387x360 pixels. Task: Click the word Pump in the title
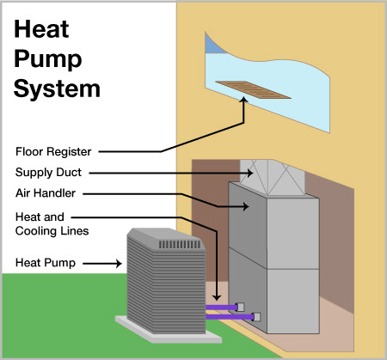click(x=48, y=59)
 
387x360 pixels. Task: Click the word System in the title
click(x=57, y=88)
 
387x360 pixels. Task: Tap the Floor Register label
click(x=53, y=151)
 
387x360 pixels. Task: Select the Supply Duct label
click(x=48, y=173)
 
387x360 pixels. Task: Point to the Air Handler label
click(x=46, y=193)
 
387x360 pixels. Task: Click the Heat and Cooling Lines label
click(x=52, y=224)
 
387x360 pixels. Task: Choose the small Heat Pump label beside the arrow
click(x=46, y=263)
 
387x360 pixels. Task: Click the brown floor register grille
click(x=253, y=89)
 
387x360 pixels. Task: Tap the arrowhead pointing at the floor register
click(x=244, y=100)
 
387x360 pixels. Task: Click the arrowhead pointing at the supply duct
click(x=249, y=173)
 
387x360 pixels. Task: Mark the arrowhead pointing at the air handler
click(x=246, y=206)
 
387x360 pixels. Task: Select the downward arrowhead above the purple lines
click(x=217, y=297)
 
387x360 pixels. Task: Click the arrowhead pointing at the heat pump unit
click(x=119, y=264)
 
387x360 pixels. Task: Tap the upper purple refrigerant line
click(x=221, y=308)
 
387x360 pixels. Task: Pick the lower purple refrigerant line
click(x=230, y=317)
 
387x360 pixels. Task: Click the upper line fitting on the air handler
click(x=240, y=307)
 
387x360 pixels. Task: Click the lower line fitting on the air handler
click(x=256, y=317)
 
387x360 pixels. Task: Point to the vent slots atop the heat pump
click(x=180, y=244)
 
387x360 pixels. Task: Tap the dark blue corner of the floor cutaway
click(x=212, y=45)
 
